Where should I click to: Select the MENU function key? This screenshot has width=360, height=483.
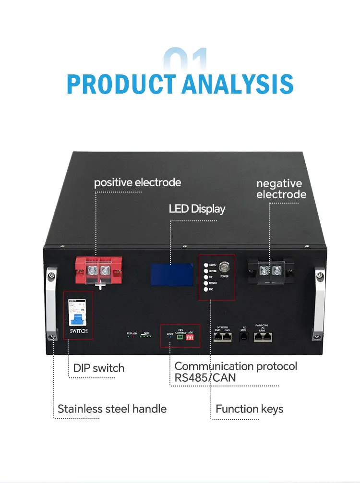coord(206,265)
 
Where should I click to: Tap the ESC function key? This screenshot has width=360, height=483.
coord(206,290)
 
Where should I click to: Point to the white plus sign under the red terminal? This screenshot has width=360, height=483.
coord(100,286)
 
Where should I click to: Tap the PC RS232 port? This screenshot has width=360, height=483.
coord(243,338)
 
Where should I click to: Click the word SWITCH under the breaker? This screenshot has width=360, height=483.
coord(79,331)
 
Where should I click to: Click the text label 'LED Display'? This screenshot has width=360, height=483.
coord(197,209)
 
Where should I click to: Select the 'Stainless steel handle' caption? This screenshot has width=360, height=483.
coord(112,409)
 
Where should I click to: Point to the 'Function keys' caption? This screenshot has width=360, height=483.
coord(249,409)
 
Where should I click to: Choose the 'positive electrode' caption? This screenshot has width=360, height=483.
coord(137,182)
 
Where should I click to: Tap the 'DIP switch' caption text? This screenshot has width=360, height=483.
coord(98,368)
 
